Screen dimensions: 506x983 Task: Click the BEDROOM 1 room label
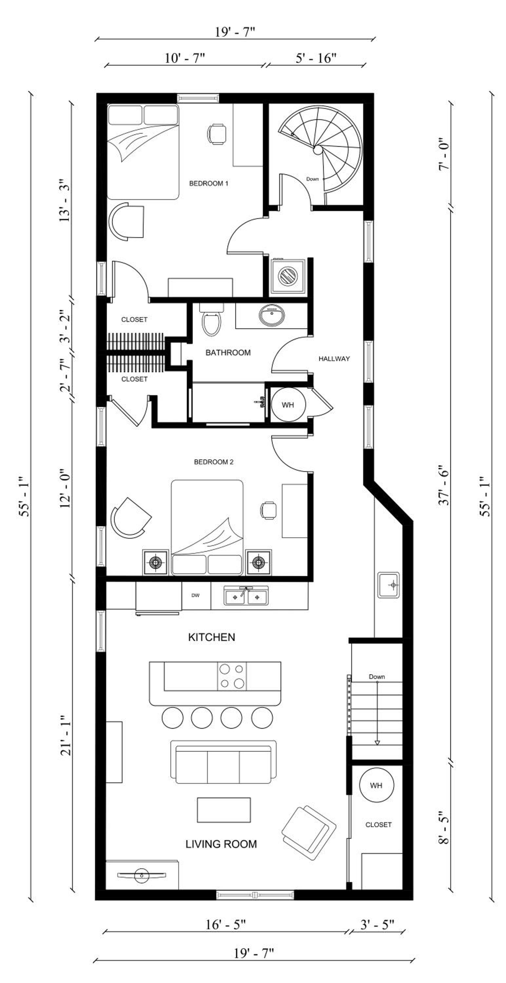click(x=208, y=183)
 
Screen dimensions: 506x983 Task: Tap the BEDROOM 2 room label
click(x=213, y=462)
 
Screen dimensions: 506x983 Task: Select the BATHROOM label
click(x=228, y=353)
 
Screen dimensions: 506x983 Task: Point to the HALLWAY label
click(x=334, y=359)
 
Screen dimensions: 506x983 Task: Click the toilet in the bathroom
click(x=212, y=320)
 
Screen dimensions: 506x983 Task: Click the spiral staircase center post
click(x=318, y=150)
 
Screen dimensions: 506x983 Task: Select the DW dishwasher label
click(x=195, y=595)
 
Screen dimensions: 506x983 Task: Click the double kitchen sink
click(x=246, y=596)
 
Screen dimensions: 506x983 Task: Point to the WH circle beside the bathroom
click(x=288, y=405)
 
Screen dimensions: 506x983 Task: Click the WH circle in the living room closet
click(x=376, y=785)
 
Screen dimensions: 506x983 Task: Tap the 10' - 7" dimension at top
click(x=185, y=58)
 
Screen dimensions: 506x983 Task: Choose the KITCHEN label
click(x=211, y=637)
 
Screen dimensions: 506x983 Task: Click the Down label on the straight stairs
click(x=377, y=677)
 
